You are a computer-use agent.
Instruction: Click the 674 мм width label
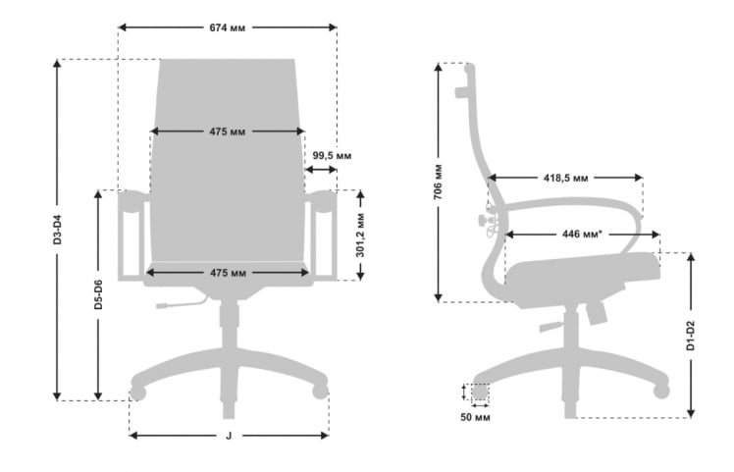[x=227, y=27]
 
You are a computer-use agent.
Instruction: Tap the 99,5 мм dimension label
[x=333, y=155]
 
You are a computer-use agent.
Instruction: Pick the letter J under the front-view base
[x=228, y=436]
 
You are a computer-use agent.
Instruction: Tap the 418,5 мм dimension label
[x=565, y=178]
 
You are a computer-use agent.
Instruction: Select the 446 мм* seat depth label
[x=582, y=235]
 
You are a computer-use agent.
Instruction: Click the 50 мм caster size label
[x=475, y=417]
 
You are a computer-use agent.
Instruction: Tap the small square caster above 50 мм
[x=480, y=392]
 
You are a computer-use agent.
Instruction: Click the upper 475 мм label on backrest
[x=227, y=131]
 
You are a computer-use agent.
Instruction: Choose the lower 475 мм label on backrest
[x=227, y=272]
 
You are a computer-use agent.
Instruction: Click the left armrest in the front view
[x=133, y=236]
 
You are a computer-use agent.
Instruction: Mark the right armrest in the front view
[x=321, y=236]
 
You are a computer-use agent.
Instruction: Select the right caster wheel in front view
[x=319, y=391]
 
